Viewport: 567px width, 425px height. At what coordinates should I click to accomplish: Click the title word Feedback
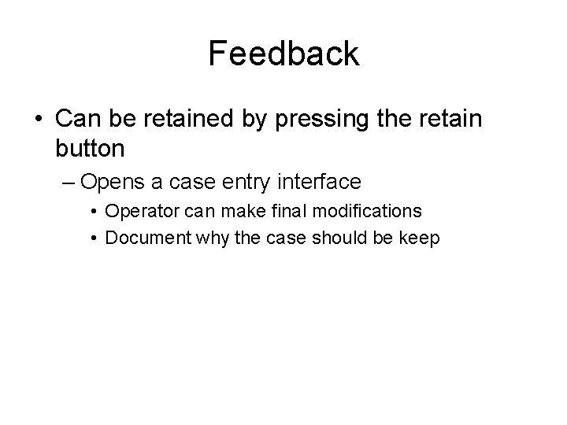pyautogui.click(x=283, y=54)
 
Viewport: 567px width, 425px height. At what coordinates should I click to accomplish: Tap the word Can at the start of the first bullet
pyautogui.click(x=77, y=119)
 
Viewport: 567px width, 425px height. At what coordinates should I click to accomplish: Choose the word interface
pyautogui.click(x=321, y=183)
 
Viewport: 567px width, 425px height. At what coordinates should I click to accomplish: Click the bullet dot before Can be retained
pyautogui.click(x=39, y=120)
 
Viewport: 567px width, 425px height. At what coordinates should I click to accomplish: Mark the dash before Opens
pyautogui.click(x=68, y=183)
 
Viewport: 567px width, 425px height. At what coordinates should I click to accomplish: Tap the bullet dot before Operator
pyautogui.click(x=94, y=212)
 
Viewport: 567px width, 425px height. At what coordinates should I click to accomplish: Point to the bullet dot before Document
pyautogui.click(x=94, y=237)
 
